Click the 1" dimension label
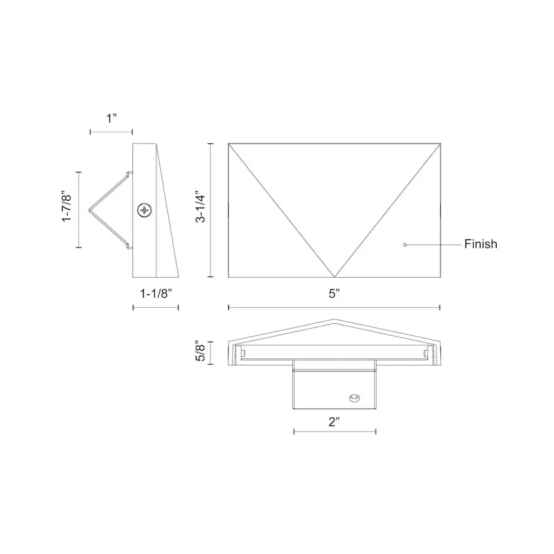click(x=111, y=118)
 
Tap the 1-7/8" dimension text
click(x=68, y=209)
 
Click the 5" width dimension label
click(x=334, y=294)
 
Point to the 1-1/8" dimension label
click(x=156, y=294)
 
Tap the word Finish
click(x=481, y=244)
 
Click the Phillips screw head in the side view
click(x=145, y=211)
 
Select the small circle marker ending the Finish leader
click(x=404, y=244)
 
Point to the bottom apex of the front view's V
click(x=334, y=277)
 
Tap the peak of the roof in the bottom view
click(x=334, y=319)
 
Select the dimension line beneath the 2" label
click(x=334, y=432)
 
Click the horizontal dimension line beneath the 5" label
click(x=334, y=307)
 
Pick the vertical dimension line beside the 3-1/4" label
click(x=211, y=210)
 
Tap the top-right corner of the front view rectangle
click(x=440, y=143)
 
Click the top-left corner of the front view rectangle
click(x=228, y=143)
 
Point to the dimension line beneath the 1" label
click(x=111, y=131)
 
